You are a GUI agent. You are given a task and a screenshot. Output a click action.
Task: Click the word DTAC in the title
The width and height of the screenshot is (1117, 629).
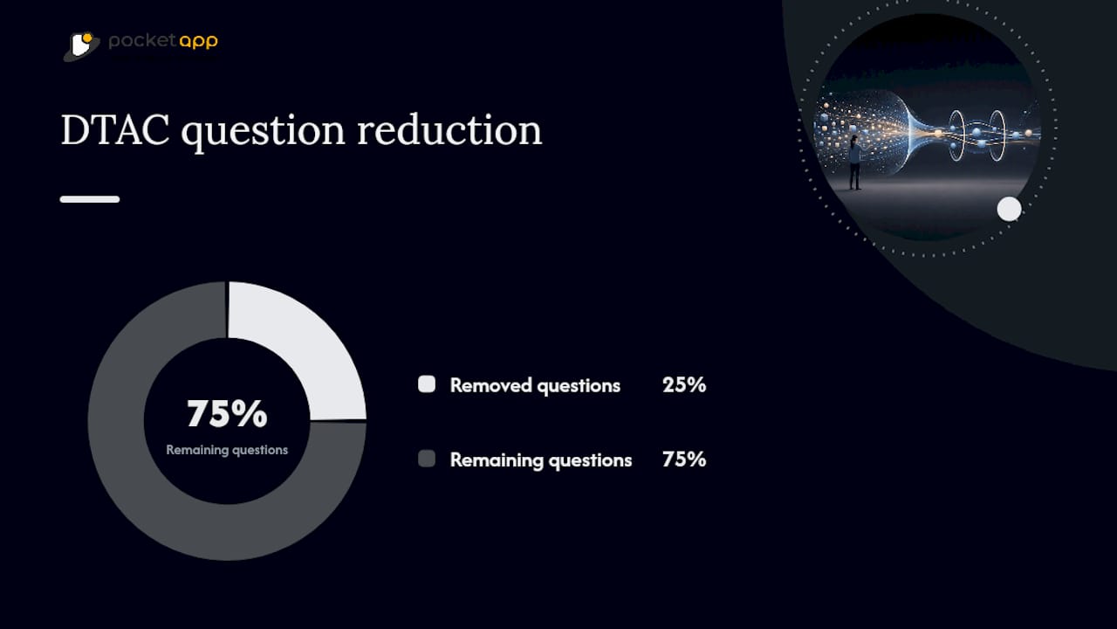(115, 130)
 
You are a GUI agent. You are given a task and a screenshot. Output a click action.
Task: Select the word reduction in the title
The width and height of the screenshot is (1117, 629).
(449, 130)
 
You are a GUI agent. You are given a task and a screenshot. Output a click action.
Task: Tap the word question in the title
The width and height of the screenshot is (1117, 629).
(263, 133)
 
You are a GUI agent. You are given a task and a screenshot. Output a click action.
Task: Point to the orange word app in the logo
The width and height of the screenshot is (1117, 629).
(198, 42)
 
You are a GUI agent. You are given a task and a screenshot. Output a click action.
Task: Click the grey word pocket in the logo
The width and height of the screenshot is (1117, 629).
(142, 41)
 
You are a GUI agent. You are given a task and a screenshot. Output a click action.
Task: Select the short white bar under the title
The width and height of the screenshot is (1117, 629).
(90, 199)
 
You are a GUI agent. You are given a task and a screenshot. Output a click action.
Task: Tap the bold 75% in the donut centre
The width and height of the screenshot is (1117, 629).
(228, 414)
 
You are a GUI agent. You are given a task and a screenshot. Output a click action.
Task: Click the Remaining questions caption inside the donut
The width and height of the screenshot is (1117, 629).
(227, 450)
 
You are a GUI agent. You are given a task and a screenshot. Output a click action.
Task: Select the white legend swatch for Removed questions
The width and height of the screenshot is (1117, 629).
(427, 384)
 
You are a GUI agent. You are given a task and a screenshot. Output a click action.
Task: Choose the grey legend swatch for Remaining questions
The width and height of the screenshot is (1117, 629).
(427, 459)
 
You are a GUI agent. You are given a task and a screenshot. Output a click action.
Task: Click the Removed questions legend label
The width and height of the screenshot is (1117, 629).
(535, 386)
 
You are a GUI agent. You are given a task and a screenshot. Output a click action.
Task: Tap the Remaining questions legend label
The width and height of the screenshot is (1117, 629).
(541, 460)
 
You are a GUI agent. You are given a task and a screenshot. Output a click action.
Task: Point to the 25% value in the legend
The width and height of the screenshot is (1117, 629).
(684, 385)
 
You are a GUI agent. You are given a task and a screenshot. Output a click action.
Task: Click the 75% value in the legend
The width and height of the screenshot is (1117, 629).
(684, 460)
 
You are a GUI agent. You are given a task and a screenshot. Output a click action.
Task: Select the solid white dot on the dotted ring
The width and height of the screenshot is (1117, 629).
(1010, 209)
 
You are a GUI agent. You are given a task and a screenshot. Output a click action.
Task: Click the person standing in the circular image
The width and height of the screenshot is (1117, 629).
(855, 162)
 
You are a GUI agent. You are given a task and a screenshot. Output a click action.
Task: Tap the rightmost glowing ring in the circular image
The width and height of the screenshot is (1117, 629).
(997, 135)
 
